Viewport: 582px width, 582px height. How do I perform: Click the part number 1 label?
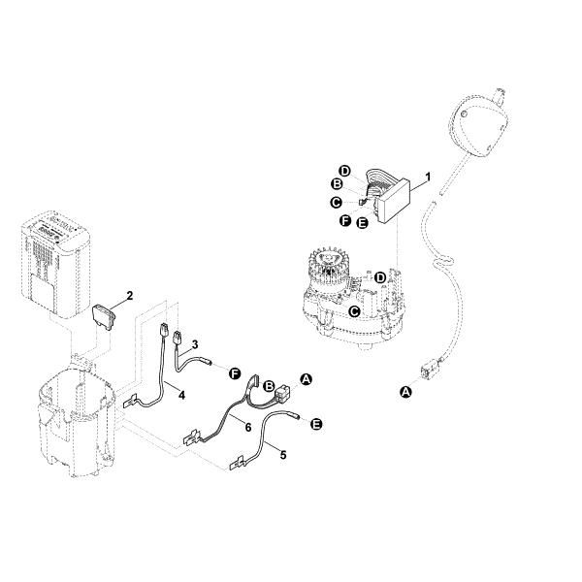(x=428, y=178)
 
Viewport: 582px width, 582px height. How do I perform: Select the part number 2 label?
(x=129, y=295)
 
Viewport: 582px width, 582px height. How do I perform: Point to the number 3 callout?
(x=195, y=344)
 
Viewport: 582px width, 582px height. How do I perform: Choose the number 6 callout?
(x=247, y=426)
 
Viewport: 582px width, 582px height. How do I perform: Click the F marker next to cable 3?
(x=234, y=372)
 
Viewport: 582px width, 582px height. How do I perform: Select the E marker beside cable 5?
(x=315, y=424)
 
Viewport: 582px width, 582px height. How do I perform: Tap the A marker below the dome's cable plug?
(x=406, y=391)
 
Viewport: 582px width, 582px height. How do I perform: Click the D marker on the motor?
(x=380, y=277)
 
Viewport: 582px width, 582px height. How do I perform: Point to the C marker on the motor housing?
(x=355, y=311)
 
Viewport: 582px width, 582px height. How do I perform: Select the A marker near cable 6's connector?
(x=307, y=379)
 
